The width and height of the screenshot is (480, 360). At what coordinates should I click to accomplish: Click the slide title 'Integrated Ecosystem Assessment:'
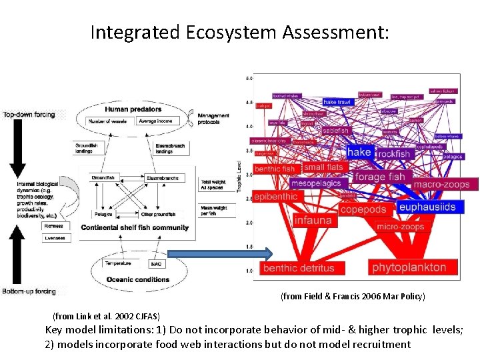click(x=239, y=32)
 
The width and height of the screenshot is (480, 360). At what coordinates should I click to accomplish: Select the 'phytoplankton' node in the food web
click(x=409, y=267)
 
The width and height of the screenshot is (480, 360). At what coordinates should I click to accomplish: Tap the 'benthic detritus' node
click(x=298, y=268)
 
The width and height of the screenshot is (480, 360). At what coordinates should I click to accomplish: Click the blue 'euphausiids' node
click(x=427, y=207)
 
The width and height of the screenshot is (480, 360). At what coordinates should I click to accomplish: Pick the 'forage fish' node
click(x=379, y=177)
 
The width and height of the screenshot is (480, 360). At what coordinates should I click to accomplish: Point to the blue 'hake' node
click(x=359, y=152)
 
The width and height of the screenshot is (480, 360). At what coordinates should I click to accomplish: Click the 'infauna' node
click(x=313, y=220)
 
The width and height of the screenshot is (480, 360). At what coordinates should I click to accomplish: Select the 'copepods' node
click(x=363, y=209)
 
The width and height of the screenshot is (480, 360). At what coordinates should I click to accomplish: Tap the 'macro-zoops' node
click(x=441, y=184)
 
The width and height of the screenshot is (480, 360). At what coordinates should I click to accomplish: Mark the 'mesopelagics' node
click(x=315, y=183)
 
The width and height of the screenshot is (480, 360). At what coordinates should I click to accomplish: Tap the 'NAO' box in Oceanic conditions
click(x=157, y=264)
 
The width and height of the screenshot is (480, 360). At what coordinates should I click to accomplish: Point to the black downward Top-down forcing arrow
click(x=19, y=148)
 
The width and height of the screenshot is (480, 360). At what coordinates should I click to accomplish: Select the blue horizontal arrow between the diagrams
click(x=219, y=253)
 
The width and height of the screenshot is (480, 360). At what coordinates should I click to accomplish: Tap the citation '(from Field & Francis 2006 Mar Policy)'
click(x=352, y=295)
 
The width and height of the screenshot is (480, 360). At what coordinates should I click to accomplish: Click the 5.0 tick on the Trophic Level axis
click(x=249, y=79)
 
